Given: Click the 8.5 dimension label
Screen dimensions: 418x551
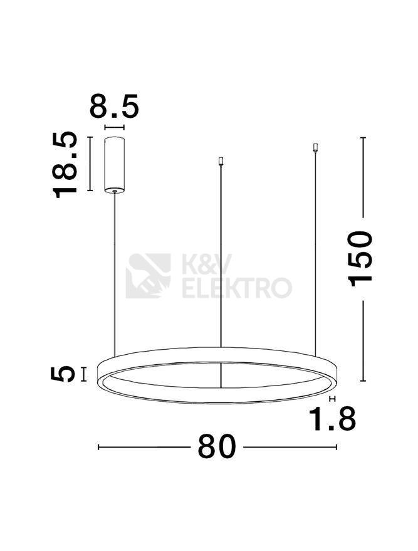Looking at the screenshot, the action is [x=114, y=105].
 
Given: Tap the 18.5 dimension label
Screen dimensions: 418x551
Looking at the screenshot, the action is [x=65, y=165].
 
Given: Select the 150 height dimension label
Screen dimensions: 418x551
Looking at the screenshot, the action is [x=359, y=258].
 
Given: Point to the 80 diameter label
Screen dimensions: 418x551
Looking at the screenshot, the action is [x=216, y=447].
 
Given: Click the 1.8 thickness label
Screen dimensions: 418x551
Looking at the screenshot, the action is [x=332, y=419].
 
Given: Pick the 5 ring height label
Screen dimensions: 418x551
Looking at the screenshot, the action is [x=63, y=374].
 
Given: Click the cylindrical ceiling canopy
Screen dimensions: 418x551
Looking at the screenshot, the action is [x=115, y=165].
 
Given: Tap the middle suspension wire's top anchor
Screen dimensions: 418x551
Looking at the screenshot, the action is [x=221, y=161].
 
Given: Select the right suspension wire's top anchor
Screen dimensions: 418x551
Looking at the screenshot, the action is [x=315, y=147].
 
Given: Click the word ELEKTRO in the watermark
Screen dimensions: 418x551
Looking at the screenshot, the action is [x=237, y=288].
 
